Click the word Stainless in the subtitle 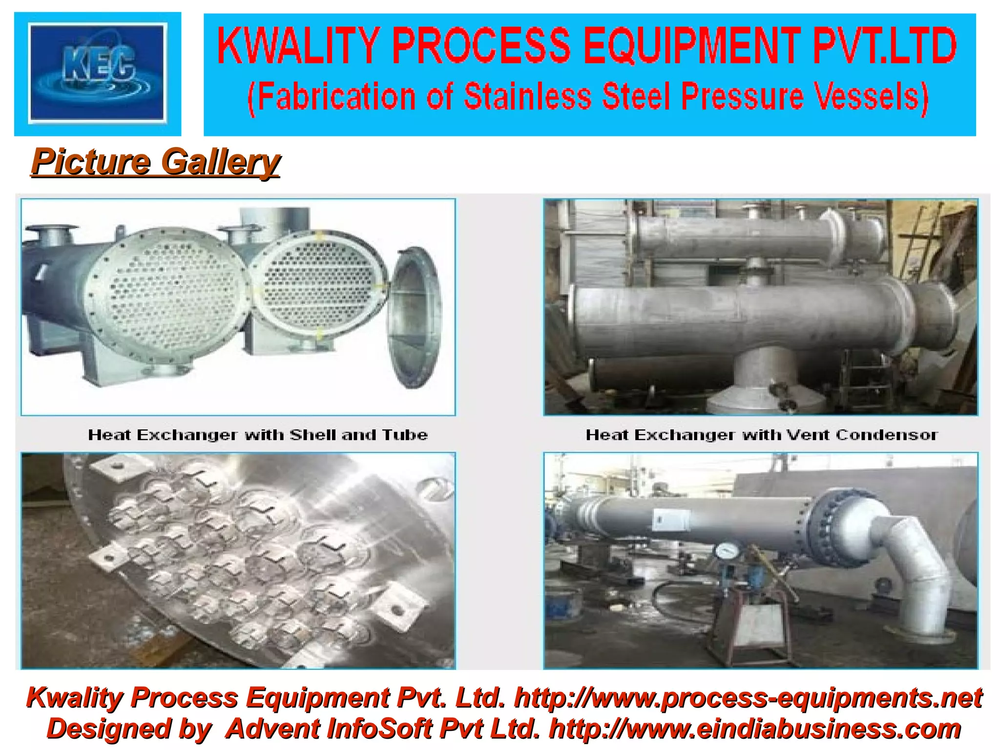[x=528, y=96]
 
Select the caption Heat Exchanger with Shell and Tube [x=258, y=435]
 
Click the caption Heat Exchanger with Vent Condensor [x=761, y=435]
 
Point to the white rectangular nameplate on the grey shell [x=671, y=519]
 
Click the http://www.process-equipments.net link [x=748, y=698]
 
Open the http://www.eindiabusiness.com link [x=755, y=729]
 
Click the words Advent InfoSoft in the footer [x=330, y=729]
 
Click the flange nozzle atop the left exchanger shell [x=51, y=234]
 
